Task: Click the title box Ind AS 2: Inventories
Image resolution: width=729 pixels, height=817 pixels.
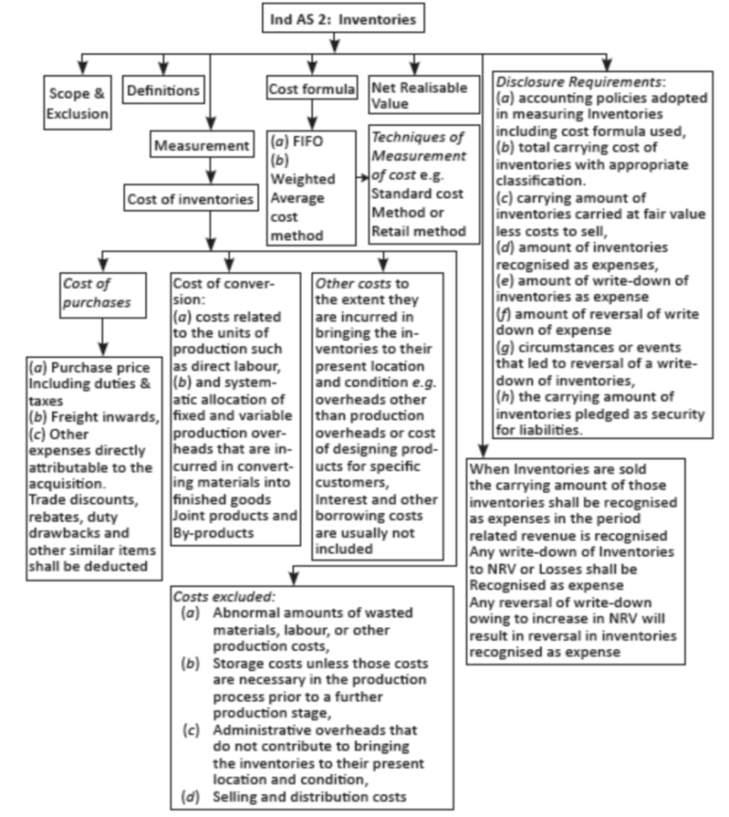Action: [x=343, y=17]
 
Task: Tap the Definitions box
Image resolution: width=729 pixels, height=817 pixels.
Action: [x=164, y=91]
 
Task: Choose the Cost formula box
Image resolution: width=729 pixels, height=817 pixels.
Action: [x=311, y=88]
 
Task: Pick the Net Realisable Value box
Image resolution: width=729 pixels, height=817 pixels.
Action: [x=418, y=96]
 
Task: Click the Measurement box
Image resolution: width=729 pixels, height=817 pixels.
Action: [x=200, y=146]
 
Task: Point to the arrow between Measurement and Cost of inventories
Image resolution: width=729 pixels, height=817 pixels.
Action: [x=208, y=173]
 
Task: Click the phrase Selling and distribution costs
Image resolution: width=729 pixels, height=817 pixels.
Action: [x=308, y=796]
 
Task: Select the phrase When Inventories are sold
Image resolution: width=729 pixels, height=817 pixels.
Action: [x=545, y=469]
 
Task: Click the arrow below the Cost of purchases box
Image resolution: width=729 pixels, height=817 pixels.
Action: [x=100, y=337]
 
